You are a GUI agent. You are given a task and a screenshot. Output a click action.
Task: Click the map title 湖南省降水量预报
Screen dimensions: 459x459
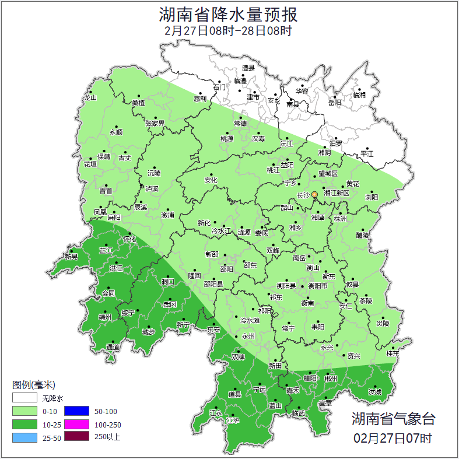[x=229, y=13]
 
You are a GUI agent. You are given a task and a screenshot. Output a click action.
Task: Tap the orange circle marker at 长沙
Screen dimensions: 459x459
[x=315, y=194]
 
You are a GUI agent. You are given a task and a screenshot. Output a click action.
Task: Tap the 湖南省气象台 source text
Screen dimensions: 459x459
[x=393, y=419]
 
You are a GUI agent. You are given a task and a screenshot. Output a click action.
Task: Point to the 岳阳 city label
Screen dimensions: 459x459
[x=334, y=103]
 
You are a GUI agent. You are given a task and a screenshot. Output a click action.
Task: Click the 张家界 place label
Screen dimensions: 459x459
[x=155, y=123]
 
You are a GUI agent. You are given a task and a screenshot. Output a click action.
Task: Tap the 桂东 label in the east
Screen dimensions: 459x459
[x=393, y=353]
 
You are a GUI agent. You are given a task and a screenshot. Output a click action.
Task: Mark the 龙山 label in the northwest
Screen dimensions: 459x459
[x=90, y=97]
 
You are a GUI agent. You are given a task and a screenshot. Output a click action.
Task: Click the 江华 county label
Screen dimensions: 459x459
[x=233, y=420]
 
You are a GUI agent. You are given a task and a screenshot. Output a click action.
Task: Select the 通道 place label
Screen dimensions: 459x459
[x=113, y=348]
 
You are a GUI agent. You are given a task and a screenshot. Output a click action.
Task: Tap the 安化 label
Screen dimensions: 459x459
[x=211, y=180]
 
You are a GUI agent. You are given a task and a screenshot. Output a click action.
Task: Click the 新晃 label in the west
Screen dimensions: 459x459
[x=71, y=256]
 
